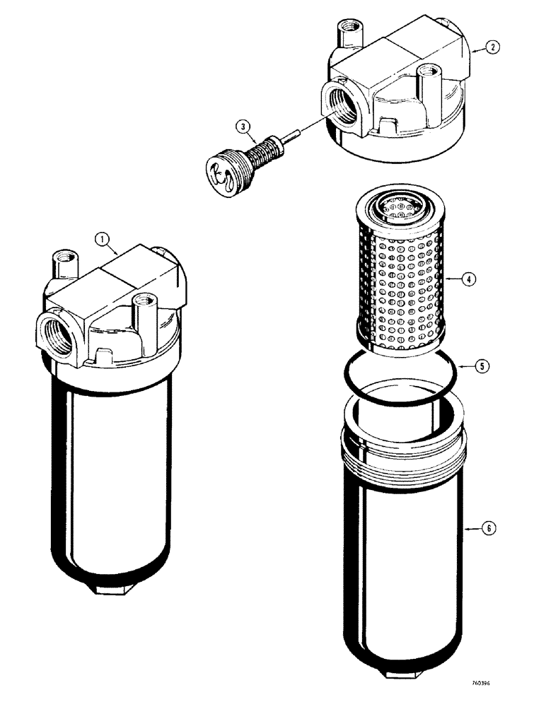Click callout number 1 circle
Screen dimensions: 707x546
104,241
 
